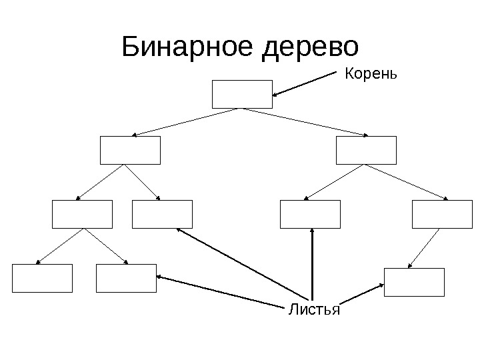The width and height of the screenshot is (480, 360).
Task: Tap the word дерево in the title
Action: (x=311, y=47)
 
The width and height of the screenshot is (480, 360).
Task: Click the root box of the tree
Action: (x=242, y=94)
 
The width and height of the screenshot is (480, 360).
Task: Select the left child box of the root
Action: (x=130, y=150)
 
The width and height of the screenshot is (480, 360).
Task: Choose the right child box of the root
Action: (x=366, y=150)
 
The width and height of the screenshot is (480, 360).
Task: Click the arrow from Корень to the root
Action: (x=307, y=83)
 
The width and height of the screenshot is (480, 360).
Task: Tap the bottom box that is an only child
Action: (x=414, y=281)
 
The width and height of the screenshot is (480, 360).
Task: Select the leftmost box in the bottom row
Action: (x=42, y=278)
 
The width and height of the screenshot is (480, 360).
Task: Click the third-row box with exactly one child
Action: (x=442, y=214)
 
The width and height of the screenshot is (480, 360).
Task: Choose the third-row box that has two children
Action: (x=82, y=214)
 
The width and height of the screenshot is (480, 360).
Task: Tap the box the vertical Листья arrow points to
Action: (x=310, y=214)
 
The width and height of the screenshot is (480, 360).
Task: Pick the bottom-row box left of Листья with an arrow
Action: (x=126, y=278)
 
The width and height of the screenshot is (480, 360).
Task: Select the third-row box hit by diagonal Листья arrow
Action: (x=162, y=214)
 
